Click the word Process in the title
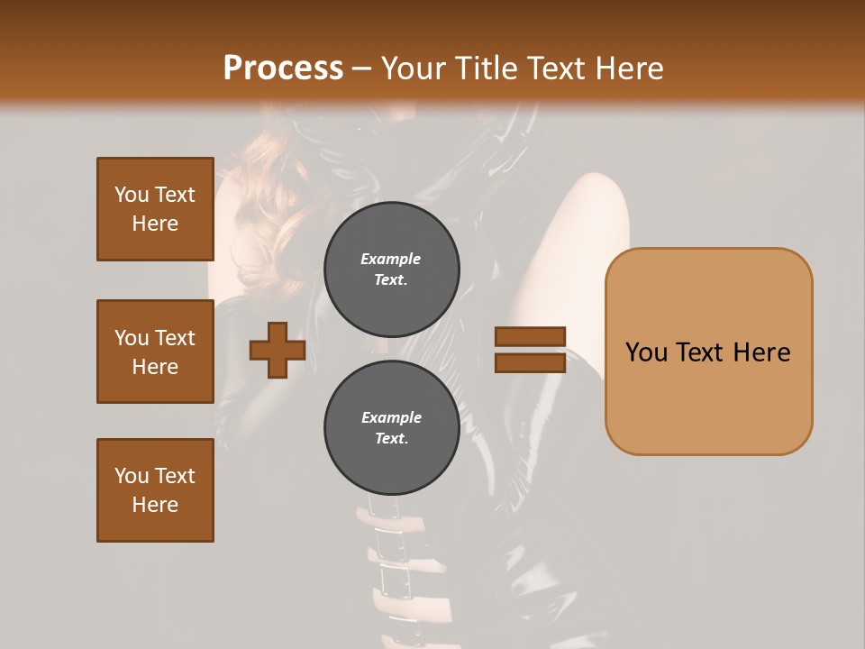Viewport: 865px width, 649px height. [x=283, y=68]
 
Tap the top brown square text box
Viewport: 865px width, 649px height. [x=155, y=209]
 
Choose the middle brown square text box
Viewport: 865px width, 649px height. [x=155, y=352]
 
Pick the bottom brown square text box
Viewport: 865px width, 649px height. [x=155, y=489]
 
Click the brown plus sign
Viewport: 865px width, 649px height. [x=278, y=350]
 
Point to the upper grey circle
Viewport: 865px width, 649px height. [x=391, y=269]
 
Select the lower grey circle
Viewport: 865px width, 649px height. [x=391, y=427]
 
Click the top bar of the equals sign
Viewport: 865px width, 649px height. [x=530, y=336]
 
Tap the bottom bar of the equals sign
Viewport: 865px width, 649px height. [x=530, y=362]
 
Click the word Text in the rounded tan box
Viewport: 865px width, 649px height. [x=707, y=352]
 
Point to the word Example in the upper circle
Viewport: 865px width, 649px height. [x=391, y=259]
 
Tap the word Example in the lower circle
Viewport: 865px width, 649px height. [x=391, y=417]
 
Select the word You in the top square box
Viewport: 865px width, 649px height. [x=132, y=195]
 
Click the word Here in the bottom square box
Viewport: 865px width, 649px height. [x=155, y=505]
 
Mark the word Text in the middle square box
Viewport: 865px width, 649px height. [x=175, y=338]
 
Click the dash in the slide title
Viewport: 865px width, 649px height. [x=362, y=68]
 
